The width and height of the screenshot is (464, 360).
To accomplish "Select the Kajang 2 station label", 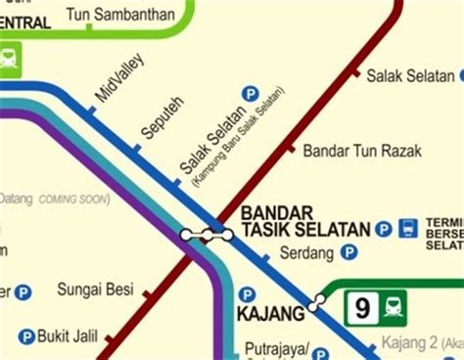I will point(411,344).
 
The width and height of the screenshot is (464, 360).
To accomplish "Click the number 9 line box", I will point(363,310).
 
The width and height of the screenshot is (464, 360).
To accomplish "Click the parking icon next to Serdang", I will point(349,252).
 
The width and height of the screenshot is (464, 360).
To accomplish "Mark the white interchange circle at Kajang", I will point(314,305).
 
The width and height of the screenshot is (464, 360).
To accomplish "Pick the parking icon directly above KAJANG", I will point(248,293).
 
